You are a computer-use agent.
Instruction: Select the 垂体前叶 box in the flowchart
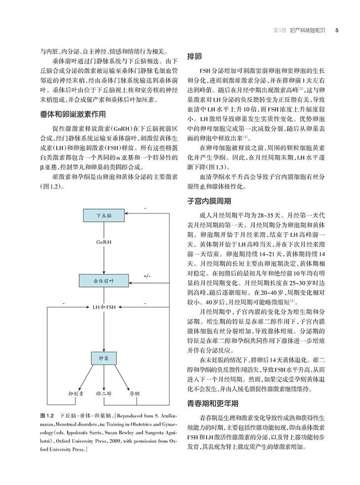coord(104,280)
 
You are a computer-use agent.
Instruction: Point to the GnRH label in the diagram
coord(104,242)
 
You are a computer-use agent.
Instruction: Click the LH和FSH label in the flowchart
coord(104,307)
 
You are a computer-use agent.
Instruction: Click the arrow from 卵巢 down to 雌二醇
coord(104,377)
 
